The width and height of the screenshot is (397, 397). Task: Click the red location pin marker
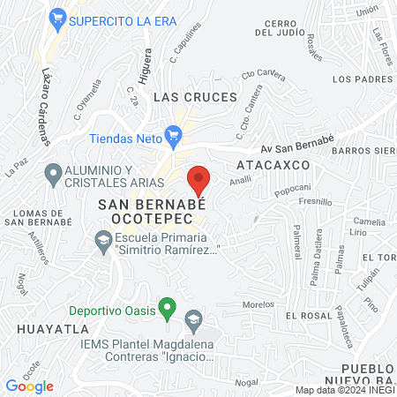coord(198,180)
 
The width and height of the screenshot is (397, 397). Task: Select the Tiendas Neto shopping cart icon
coord(174,135)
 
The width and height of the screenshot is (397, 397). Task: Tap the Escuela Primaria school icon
coord(103,239)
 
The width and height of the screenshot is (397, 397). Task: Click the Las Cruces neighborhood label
coord(195,96)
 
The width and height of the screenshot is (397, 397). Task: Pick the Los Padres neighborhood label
coord(362,79)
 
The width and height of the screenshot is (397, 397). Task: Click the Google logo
coord(30,386)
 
